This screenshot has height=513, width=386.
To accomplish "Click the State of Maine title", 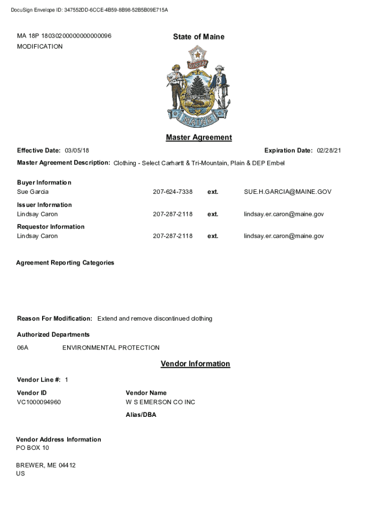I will (x=199, y=37).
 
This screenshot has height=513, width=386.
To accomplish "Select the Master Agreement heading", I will (x=199, y=137).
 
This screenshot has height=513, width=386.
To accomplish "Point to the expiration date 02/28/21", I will (x=329, y=151).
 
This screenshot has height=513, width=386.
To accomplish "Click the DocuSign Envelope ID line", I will (x=89, y=10).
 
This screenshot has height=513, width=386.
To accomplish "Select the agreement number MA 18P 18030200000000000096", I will (x=64, y=36).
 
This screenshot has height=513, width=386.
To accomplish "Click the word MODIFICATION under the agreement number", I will (x=40, y=47).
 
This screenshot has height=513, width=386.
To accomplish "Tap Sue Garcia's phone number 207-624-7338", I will (x=172, y=192).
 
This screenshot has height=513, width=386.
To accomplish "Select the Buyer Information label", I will (x=44, y=182).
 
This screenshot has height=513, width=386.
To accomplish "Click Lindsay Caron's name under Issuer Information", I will (x=37, y=214).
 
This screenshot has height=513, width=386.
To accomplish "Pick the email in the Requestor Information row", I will (x=284, y=236).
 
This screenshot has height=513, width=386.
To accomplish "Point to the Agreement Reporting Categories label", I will (x=65, y=263).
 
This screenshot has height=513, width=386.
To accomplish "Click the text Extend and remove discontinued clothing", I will (x=154, y=319).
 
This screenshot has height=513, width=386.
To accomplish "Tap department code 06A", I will (x=23, y=348).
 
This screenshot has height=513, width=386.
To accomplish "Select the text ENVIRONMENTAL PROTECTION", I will (x=111, y=348).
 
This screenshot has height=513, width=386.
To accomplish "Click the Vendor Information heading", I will (x=195, y=364).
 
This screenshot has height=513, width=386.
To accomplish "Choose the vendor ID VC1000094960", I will (x=39, y=402).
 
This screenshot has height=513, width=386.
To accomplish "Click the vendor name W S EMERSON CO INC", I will (x=160, y=402).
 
